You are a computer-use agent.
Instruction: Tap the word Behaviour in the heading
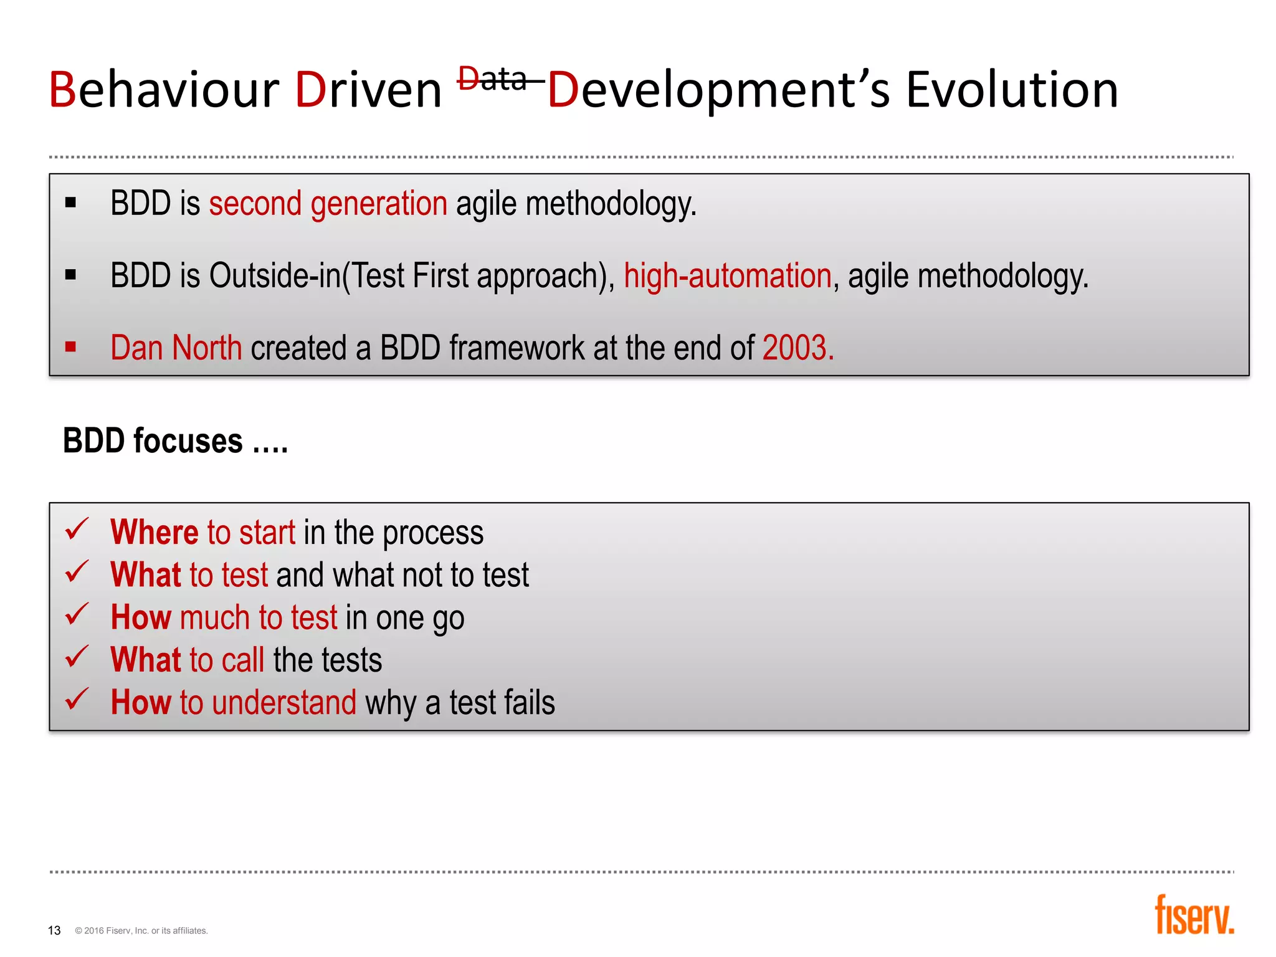click(x=164, y=90)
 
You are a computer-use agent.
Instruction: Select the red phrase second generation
click(x=328, y=204)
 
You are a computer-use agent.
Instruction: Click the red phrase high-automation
click(x=727, y=276)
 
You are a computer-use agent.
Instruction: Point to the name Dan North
click(x=176, y=348)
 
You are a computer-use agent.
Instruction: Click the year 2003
click(x=797, y=348)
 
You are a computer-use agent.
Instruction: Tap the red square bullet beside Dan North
click(x=70, y=347)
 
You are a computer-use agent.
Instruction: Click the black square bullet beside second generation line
click(x=70, y=202)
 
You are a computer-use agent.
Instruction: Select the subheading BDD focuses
click(x=175, y=441)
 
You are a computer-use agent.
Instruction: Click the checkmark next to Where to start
click(x=77, y=530)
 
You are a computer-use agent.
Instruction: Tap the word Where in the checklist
click(x=154, y=533)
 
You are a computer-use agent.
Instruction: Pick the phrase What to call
click(x=188, y=660)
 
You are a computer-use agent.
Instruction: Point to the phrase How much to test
click(x=224, y=617)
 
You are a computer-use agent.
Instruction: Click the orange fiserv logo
click(x=1194, y=915)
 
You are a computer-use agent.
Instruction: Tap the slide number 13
click(x=54, y=930)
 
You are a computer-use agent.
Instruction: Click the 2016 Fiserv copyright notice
click(x=141, y=931)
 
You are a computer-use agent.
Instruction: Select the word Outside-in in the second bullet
click(x=275, y=276)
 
